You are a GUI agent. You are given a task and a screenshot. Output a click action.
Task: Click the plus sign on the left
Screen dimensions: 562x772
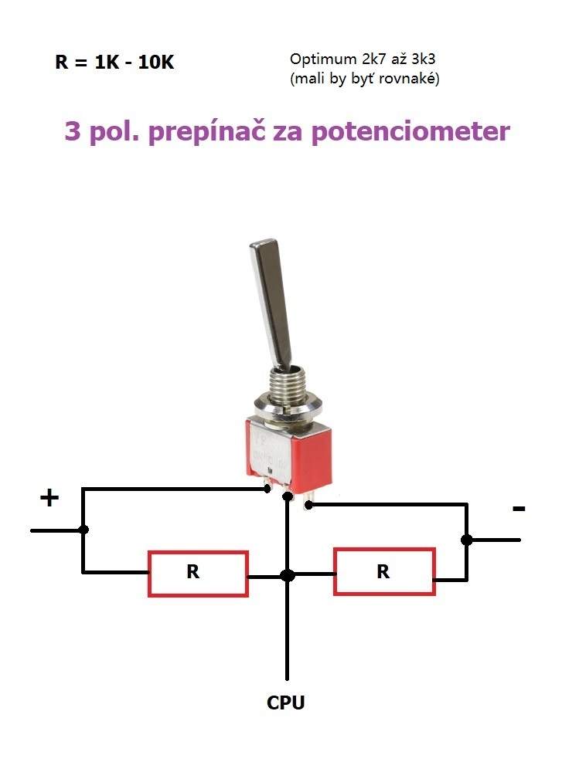tap(49, 498)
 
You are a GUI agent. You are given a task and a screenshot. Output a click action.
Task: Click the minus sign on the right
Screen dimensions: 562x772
tap(519, 509)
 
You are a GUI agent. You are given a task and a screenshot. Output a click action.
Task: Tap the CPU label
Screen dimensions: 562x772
tap(286, 703)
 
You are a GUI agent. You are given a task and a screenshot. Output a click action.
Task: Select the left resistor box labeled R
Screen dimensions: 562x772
tap(198, 574)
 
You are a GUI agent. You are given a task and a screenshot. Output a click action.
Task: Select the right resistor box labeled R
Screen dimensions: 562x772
tap(384, 571)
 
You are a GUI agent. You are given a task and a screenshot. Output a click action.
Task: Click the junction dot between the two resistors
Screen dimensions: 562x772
tap(288, 575)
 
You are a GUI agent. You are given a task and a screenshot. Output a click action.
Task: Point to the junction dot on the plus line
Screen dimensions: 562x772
tap(83, 530)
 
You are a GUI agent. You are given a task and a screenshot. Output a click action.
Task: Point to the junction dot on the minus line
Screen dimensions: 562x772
tap(466, 540)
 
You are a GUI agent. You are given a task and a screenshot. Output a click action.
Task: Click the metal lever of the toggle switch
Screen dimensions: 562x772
tap(272, 303)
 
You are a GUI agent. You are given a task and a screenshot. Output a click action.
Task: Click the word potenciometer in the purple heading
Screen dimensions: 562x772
tap(411, 132)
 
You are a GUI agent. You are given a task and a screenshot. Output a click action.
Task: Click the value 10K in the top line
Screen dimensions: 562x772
tap(156, 63)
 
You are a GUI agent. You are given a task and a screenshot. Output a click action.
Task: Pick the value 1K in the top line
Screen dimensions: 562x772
tap(107, 63)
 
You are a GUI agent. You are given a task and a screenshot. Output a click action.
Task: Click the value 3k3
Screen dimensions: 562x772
tap(424, 59)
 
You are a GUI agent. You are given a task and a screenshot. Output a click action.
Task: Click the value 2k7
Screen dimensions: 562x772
tap(373, 59)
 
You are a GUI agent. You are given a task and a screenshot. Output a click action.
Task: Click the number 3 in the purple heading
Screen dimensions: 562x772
tap(72, 131)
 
